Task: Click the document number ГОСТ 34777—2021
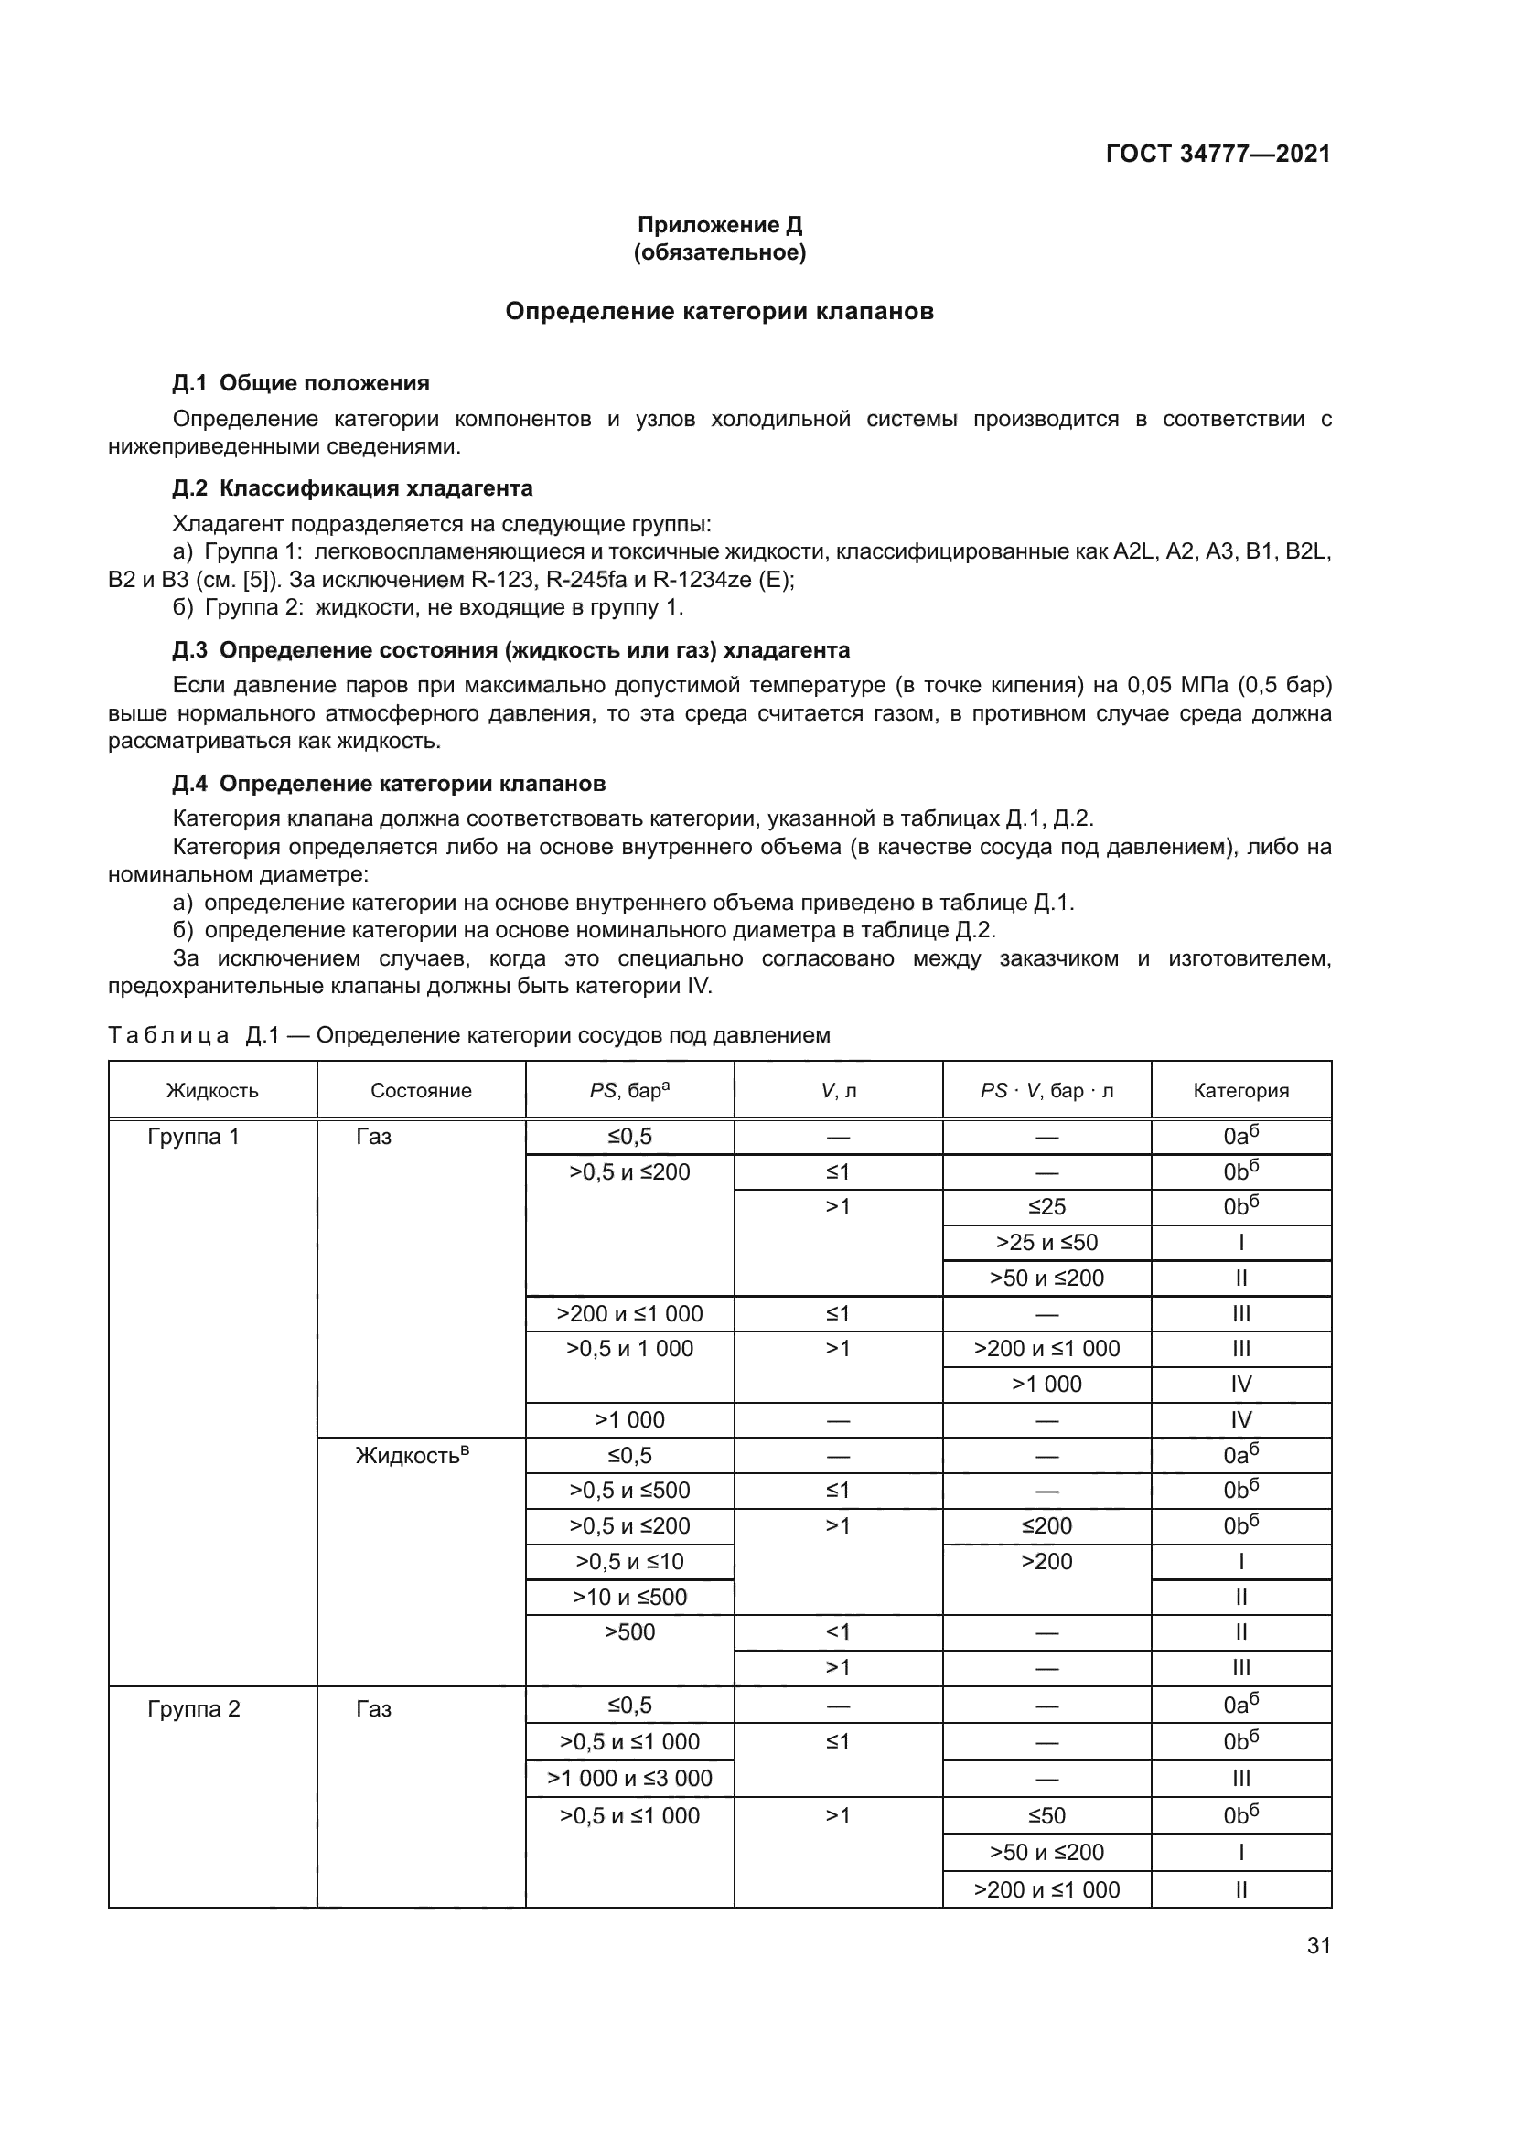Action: [1218, 154]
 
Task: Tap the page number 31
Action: [1318, 1945]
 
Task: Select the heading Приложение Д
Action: [719, 225]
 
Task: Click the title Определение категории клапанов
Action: [719, 311]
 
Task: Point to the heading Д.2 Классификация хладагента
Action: [352, 488]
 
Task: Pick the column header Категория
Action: [1240, 1091]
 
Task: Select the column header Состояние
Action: [421, 1091]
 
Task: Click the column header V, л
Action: [838, 1091]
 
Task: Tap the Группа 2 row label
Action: [194, 1709]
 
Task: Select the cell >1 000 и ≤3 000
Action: [629, 1779]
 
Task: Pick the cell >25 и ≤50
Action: [1046, 1243]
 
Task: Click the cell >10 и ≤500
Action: [629, 1598]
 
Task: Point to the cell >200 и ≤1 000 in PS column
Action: [629, 1314]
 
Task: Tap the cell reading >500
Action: [629, 1632]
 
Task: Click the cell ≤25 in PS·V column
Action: [1046, 1207]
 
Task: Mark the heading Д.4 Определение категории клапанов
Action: [389, 784]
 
